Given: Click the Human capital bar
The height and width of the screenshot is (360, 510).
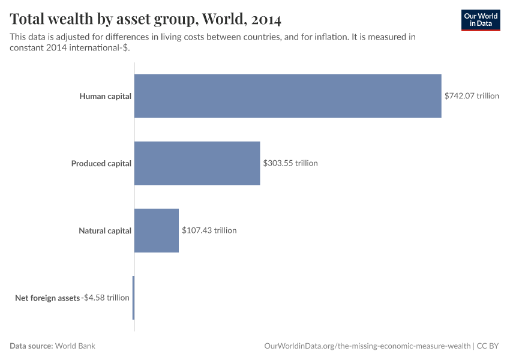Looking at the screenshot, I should coord(287,96).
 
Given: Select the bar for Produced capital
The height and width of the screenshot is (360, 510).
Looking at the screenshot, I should coord(197,163).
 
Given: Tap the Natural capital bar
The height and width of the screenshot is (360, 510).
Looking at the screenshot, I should coord(156,230).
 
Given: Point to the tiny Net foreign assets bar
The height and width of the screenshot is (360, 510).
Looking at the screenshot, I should coord(133,298).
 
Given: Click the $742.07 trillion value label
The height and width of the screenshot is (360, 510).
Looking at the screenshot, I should coord(472,96).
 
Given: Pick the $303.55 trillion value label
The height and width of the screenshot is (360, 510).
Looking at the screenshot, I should coord(290,163).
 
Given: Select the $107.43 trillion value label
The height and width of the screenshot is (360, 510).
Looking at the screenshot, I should coord(209,230).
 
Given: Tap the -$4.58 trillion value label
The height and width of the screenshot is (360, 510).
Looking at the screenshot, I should coord(106,298).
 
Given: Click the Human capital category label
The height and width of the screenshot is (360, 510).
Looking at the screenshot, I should coord(105,96).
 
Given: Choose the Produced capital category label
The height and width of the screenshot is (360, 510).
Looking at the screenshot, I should coord(101,163).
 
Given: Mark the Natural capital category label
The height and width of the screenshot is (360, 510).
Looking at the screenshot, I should coord(104,230).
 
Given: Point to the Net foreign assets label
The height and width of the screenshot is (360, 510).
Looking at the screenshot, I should coord(47,298).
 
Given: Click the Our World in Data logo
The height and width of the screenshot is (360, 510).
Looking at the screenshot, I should coord(480,20).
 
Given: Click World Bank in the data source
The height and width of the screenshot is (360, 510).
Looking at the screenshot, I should coord(76,346).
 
